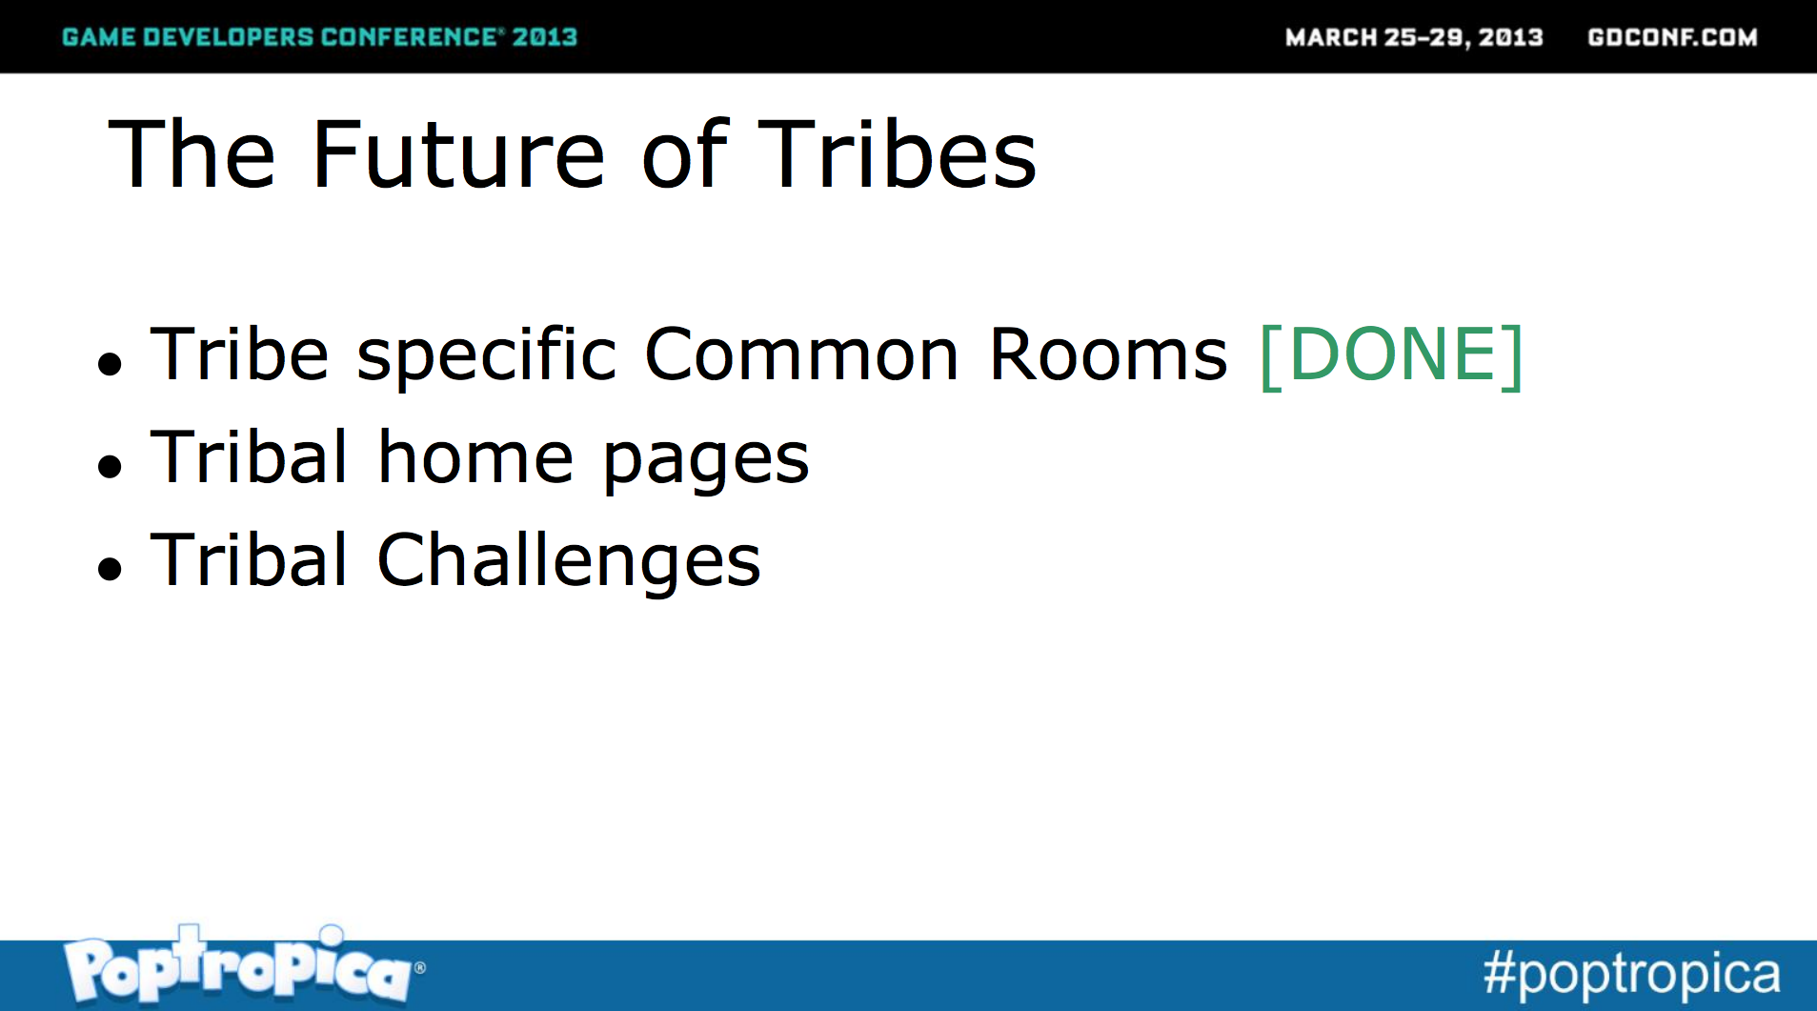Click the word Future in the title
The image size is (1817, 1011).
458,154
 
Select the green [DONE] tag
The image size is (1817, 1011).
1391,355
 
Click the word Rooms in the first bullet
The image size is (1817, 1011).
1108,354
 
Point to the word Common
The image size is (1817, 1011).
801,354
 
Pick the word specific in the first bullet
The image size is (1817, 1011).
486,356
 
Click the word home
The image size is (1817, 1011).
475,457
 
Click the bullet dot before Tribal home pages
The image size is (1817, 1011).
111,465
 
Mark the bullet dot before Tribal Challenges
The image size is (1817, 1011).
111,568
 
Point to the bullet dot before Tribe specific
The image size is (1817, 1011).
111,363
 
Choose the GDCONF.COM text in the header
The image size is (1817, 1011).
1672,37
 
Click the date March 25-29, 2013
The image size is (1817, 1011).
1414,37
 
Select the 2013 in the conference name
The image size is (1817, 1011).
545,37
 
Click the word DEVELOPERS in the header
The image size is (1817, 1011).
228,37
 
